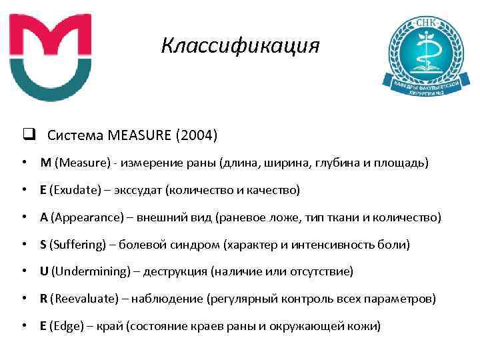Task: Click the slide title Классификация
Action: pos(241,46)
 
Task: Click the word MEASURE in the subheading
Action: pos(137,135)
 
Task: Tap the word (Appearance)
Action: pos(83,217)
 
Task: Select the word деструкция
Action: pos(179,271)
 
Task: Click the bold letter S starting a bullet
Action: pos(43,245)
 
